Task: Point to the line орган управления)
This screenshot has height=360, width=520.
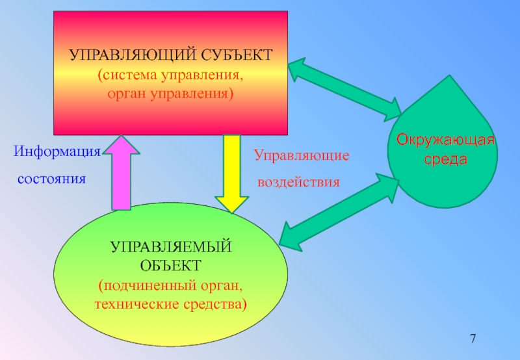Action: coord(170,94)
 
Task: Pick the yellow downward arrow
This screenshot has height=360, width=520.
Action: coord(228,172)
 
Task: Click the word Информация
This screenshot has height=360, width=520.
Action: coord(57,152)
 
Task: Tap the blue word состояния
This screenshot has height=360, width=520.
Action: coord(51,178)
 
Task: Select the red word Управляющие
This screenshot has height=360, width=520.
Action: coord(302,156)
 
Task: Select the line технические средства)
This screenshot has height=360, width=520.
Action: coord(171,303)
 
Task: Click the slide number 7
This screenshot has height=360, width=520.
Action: coord(473,339)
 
